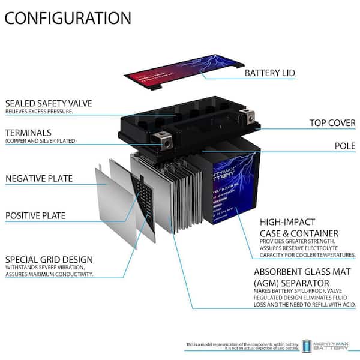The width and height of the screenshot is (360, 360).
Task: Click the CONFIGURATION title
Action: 67,17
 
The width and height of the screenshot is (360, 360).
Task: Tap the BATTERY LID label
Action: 270,73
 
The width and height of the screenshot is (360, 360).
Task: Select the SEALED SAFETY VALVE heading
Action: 49,103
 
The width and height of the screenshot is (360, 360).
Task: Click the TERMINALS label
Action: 28,132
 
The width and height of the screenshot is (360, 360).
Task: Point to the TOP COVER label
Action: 332,123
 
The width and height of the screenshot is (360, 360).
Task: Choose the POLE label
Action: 345,146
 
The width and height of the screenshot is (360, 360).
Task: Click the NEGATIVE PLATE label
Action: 39,178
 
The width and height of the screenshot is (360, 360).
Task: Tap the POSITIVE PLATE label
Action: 35,215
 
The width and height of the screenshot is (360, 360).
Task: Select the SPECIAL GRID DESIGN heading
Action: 49,259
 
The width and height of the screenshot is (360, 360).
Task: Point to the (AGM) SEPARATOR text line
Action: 291,282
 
